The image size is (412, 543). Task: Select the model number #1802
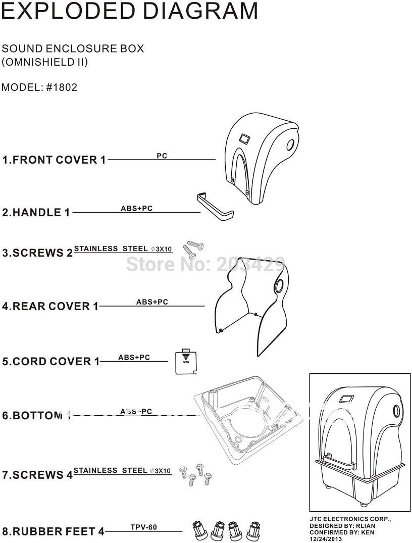(x=62, y=87)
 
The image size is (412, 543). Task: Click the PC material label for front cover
(x=162, y=156)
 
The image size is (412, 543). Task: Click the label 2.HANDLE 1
(x=36, y=213)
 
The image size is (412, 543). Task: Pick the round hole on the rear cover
(x=278, y=287)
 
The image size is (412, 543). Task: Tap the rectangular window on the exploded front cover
(x=245, y=138)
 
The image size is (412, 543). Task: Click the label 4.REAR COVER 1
(x=50, y=306)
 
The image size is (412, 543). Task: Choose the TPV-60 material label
(x=144, y=527)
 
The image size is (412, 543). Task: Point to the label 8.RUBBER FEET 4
(x=53, y=531)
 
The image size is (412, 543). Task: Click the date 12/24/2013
(x=326, y=539)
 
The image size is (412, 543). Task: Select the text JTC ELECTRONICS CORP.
(x=350, y=519)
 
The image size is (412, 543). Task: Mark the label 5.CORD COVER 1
(x=51, y=362)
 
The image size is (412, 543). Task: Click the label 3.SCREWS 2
(x=37, y=253)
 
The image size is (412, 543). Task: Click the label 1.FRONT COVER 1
(x=54, y=160)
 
